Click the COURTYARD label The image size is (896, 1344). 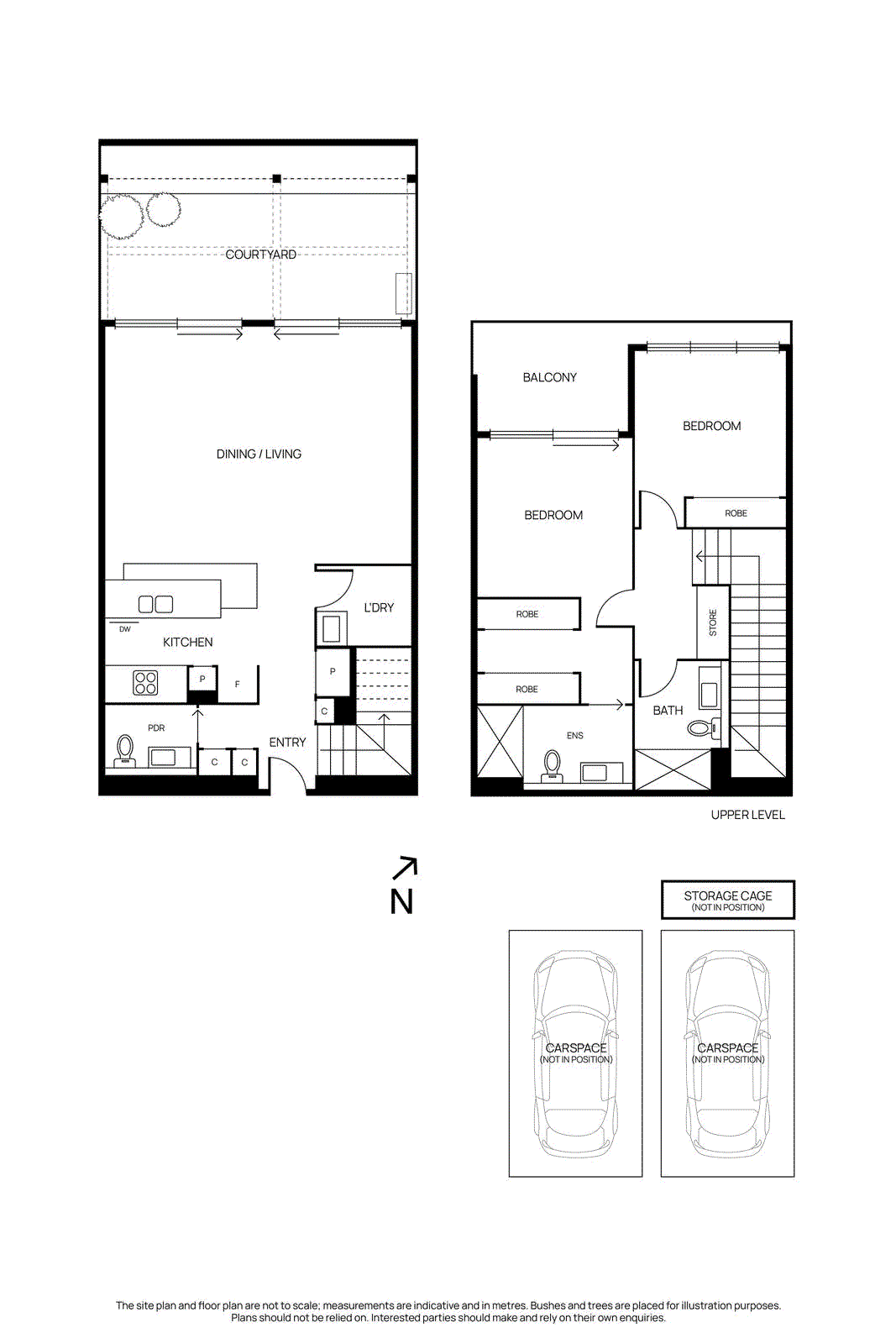260,255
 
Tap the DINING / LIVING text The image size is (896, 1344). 259,454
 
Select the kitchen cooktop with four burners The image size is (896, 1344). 146,682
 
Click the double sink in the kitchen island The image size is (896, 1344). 155,604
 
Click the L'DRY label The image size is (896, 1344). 379,607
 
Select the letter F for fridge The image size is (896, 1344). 238,685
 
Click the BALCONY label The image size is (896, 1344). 550,378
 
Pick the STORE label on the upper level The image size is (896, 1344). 713,622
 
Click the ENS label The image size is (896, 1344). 575,736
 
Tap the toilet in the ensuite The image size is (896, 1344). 553,764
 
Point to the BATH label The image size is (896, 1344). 668,711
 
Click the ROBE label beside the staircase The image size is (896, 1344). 736,513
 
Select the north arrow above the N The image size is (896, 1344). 406,868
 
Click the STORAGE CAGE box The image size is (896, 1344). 727,900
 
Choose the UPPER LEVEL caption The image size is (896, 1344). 747,815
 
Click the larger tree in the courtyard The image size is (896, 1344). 122,216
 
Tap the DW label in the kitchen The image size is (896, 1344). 125,629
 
